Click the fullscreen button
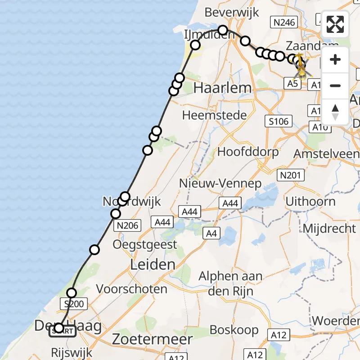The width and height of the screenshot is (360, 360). (x=335, y=24)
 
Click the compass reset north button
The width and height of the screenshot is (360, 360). (x=335, y=112)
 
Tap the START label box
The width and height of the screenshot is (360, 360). (x=63, y=332)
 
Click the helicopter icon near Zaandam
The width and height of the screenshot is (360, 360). (x=301, y=66)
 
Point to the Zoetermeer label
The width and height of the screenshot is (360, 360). (x=153, y=338)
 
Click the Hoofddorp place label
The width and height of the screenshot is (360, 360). (x=248, y=152)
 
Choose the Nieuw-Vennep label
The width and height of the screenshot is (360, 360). (x=220, y=183)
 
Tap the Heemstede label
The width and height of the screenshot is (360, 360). (x=215, y=115)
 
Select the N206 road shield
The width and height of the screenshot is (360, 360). (x=128, y=225)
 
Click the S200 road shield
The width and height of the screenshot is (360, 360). (x=74, y=304)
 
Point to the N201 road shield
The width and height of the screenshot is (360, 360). (x=290, y=175)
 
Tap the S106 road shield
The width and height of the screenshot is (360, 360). (x=279, y=121)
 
